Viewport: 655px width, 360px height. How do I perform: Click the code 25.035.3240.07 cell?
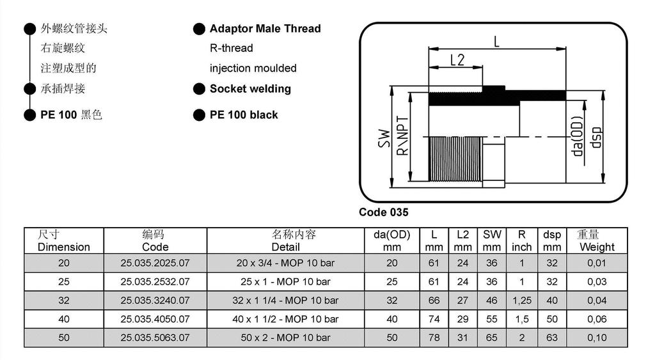(x=155, y=300)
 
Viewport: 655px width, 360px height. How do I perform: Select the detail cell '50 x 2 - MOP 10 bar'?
(x=285, y=337)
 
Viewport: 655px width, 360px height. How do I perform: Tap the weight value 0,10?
(x=596, y=337)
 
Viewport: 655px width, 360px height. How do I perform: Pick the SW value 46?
(x=491, y=300)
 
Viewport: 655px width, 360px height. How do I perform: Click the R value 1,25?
(x=522, y=300)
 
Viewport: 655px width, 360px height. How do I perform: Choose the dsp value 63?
(x=552, y=337)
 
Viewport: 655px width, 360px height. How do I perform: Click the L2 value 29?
(x=462, y=318)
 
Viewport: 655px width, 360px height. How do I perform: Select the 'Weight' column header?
(x=596, y=247)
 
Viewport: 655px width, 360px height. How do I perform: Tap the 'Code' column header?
(x=155, y=247)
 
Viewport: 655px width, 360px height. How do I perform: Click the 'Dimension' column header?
(x=64, y=247)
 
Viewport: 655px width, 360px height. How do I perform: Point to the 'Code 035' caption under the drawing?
(x=383, y=212)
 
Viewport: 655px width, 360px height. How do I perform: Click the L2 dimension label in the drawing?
(x=457, y=60)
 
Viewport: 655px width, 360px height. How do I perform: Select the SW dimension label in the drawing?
(x=384, y=139)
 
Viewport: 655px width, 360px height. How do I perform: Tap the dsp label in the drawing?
(x=596, y=137)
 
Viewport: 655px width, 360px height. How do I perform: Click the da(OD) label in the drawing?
(x=578, y=137)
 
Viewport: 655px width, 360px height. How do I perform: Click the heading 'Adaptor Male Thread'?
(x=265, y=29)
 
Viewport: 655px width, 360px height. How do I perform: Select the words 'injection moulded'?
(x=253, y=68)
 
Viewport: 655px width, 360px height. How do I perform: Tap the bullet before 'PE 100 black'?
(x=199, y=115)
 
